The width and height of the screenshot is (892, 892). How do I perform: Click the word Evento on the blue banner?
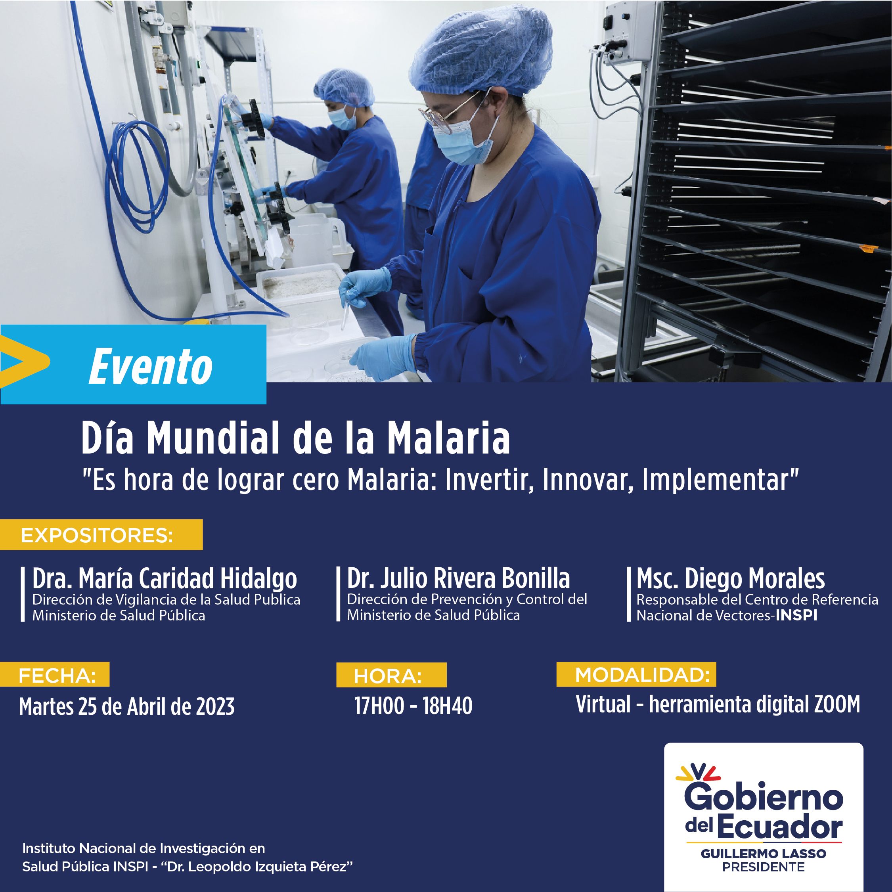[151, 367]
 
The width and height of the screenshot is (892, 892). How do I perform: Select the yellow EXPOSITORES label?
[101, 535]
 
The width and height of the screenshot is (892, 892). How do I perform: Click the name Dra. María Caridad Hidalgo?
[165, 579]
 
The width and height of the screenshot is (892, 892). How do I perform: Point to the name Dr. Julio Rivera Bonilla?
[458, 578]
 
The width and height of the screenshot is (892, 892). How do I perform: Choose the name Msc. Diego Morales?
[730, 579]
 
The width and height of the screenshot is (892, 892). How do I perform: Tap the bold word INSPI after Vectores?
[796, 615]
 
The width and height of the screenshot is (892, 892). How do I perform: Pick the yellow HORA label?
[391, 675]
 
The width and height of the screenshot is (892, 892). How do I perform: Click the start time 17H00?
[379, 706]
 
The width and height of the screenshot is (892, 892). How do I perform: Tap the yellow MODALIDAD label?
[636, 674]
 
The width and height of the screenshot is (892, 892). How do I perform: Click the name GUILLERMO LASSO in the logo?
[764, 854]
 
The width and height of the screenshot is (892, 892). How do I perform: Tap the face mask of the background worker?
[343, 118]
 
